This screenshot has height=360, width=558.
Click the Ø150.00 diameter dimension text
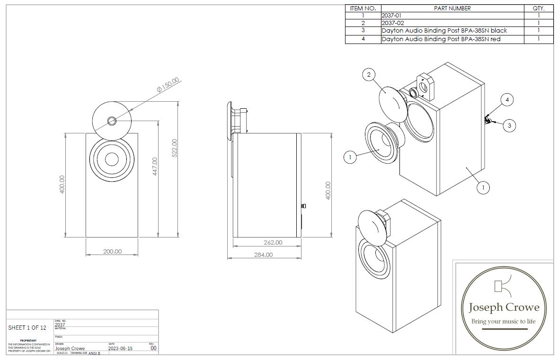pyautogui.click(x=168, y=84)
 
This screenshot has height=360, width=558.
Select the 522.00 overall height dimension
pyautogui.click(x=174, y=148)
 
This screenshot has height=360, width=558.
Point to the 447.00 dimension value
pyautogui.click(x=155, y=167)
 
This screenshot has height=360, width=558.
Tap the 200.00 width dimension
pyautogui.click(x=112, y=251)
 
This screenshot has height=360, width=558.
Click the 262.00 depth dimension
pyautogui.click(x=273, y=242)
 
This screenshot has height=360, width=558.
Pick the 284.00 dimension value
pyautogui.click(x=263, y=255)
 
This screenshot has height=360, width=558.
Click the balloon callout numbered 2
pyautogui.click(x=369, y=74)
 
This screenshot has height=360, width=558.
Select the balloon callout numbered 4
pyautogui.click(x=507, y=100)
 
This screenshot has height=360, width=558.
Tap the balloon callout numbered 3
pyautogui.click(x=509, y=125)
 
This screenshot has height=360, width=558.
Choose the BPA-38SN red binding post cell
pyautogui.click(x=441, y=39)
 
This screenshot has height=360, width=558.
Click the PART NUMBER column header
pyautogui.click(x=452, y=8)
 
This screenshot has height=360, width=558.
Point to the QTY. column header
pyautogui.click(x=539, y=8)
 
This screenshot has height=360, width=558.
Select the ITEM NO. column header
pyautogui.click(x=363, y=8)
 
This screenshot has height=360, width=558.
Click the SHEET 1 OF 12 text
pyautogui.click(x=27, y=327)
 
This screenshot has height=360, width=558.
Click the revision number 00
pyautogui.click(x=153, y=348)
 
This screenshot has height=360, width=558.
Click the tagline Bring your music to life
pyautogui.click(x=503, y=322)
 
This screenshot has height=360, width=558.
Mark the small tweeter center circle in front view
pyautogui.click(x=112, y=120)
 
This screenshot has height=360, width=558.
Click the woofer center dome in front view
pyautogui.click(x=112, y=159)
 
